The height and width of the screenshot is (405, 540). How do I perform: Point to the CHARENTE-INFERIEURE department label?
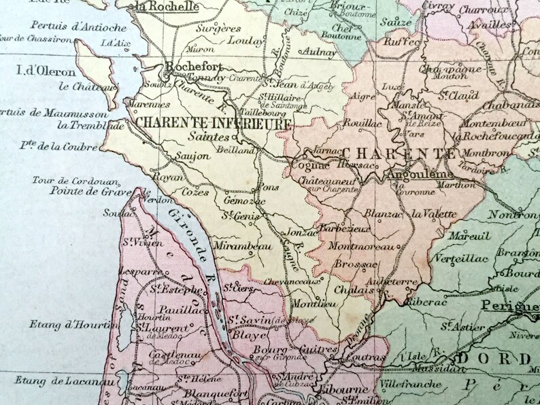click(214, 124)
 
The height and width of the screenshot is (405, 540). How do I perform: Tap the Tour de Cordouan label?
click(75, 181)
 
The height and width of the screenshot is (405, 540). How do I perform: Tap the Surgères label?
click(218, 30)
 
